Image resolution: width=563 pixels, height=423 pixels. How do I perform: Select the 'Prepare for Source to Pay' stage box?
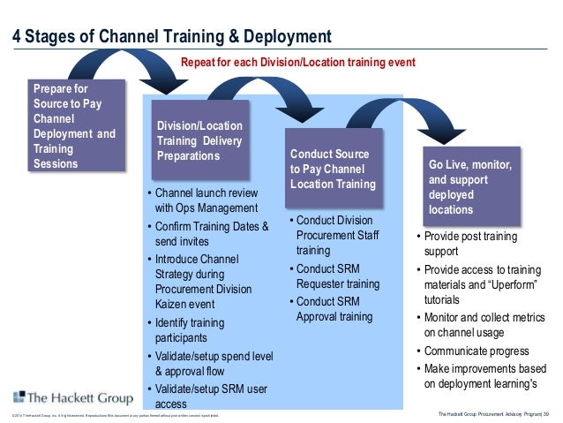(x=77, y=126)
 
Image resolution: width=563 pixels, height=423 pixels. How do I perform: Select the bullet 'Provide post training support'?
(x=471, y=244)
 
